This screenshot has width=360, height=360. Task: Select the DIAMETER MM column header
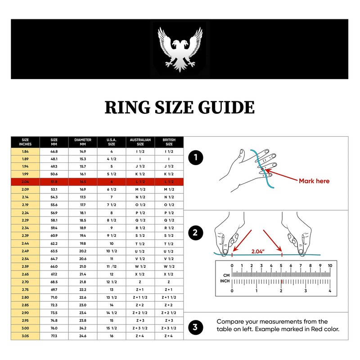pyautogui.click(x=83, y=142)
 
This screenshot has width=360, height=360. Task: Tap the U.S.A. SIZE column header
pyautogui.click(x=112, y=142)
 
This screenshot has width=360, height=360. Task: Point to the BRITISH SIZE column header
pyautogui.click(x=169, y=142)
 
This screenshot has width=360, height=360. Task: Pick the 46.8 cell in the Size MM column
pyautogui.click(x=54, y=152)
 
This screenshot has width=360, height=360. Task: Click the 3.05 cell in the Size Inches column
pyautogui.click(x=25, y=336)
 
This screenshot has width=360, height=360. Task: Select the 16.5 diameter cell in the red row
pyautogui.click(x=83, y=181)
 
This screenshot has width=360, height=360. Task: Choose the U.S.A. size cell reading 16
pyautogui.click(x=112, y=336)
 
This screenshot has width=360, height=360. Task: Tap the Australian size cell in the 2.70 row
pyautogui.click(x=140, y=281)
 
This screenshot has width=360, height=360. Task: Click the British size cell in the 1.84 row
pyautogui.click(x=169, y=152)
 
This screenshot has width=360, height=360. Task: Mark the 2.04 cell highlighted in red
pyautogui.click(x=25, y=181)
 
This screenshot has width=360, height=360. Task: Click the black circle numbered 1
pyautogui.click(x=195, y=158)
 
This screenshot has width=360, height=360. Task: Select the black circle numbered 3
pyautogui.click(x=195, y=327)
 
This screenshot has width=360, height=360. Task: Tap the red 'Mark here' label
pyautogui.click(x=314, y=181)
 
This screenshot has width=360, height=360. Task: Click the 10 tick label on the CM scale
pyautogui.click(x=330, y=265)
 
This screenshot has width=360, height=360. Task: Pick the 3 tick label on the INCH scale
pyautogui.click(x=306, y=291)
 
